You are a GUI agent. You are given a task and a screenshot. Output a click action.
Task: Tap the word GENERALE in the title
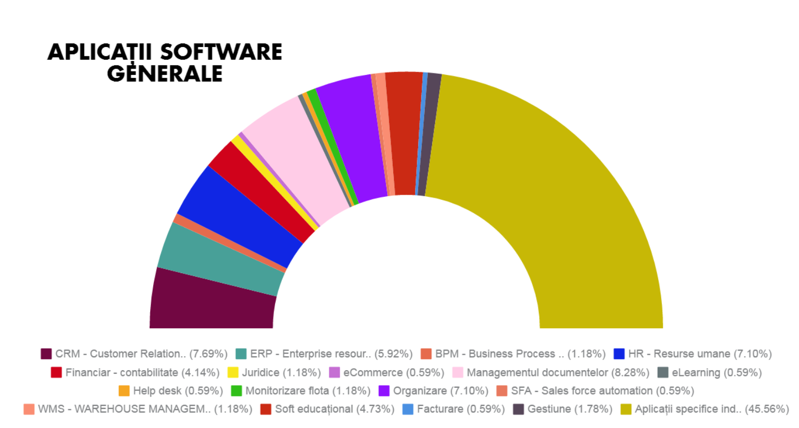click(x=165, y=74)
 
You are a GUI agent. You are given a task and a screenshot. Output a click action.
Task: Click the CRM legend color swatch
click(x=46, y=354)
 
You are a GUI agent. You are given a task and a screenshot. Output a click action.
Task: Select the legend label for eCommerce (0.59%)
click(x=393, y=373)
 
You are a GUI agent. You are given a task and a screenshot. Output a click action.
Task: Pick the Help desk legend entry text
click(x=178, y=391)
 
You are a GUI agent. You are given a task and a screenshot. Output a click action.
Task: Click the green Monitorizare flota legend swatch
click(x=236, y=391)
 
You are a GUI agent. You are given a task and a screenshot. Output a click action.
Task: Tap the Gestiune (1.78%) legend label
click(x=569, y=409)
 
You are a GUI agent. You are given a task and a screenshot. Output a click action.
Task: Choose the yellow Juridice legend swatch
click(x=233, y=373)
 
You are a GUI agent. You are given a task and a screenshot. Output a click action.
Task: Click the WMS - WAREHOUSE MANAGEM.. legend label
click(x=145, y=409)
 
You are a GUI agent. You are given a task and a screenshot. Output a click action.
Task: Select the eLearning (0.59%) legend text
click(x=716, y=373)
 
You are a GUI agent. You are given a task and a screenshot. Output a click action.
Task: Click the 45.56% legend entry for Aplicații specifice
click(x=711, y=409)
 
